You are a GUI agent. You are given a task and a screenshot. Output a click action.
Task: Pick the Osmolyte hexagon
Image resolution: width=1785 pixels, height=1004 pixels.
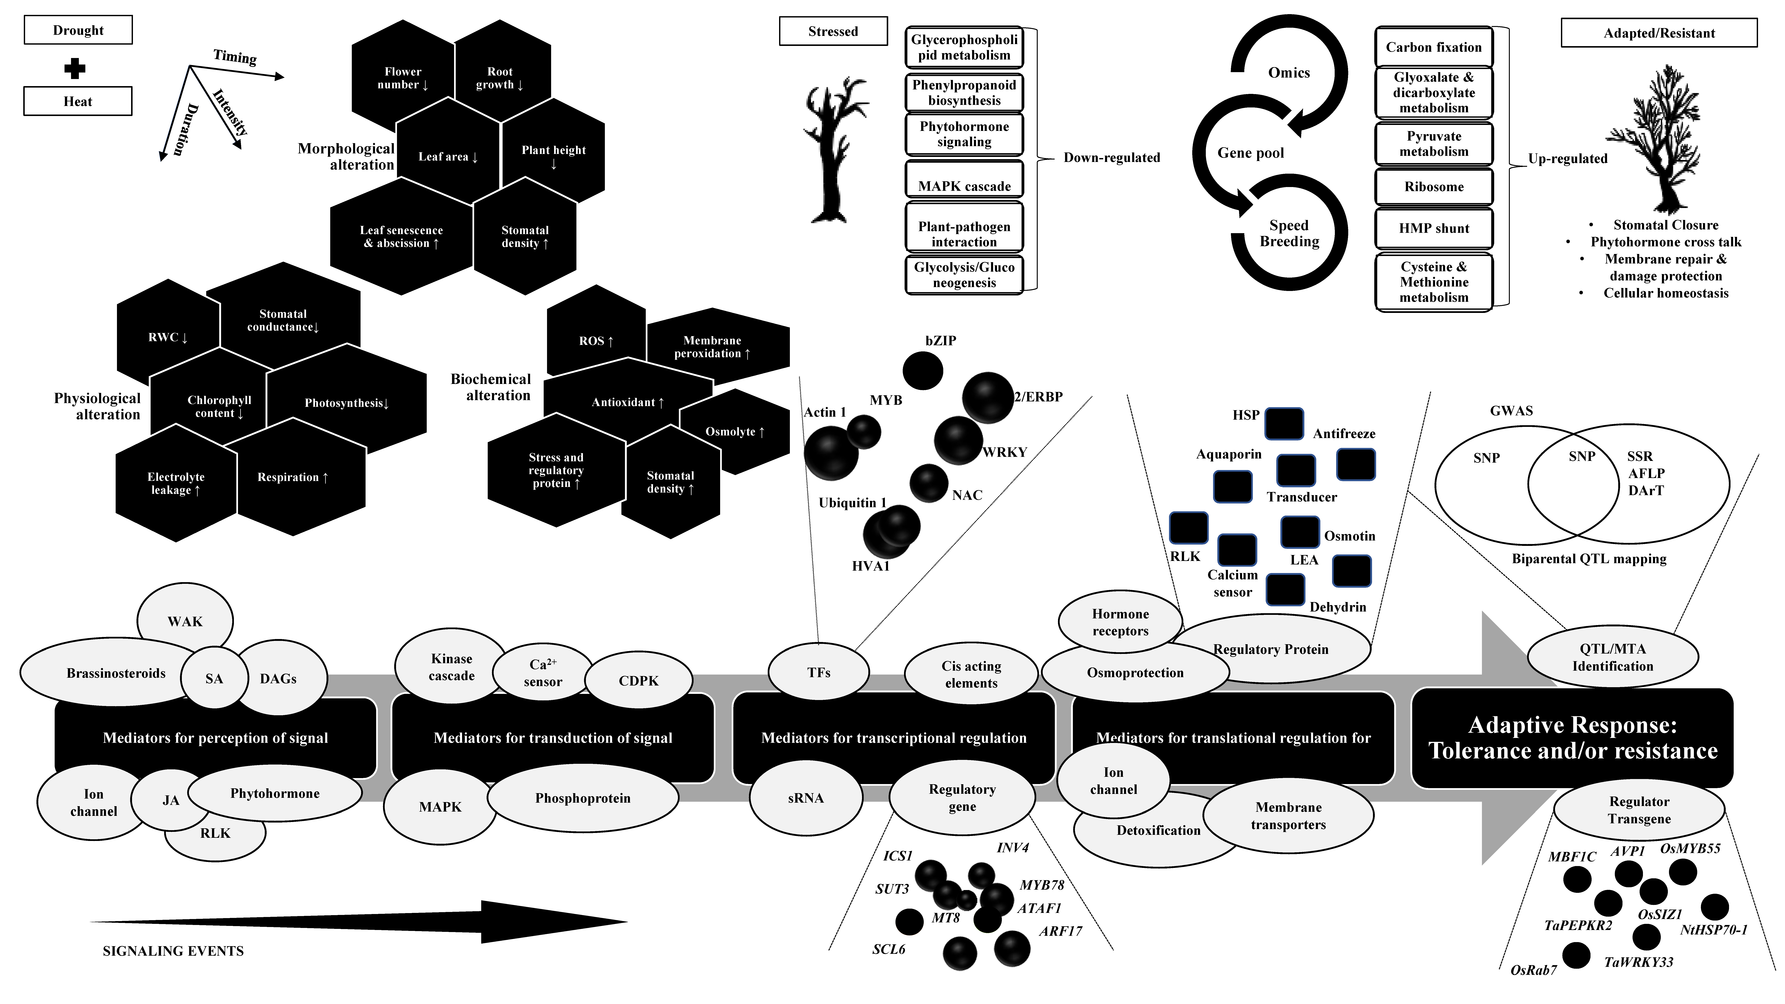(x=734, y=432)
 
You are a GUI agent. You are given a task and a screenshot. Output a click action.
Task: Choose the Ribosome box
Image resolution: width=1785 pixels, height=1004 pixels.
(x=1434, y=186)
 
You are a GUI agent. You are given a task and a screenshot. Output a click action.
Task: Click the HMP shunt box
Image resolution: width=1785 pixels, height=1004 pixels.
(x=1434, y=228)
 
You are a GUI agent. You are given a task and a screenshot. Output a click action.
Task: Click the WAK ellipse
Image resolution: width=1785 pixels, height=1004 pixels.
(x=185, y=621)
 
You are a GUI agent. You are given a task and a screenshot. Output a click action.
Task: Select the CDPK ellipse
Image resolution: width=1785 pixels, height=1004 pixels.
(x=638, y=680)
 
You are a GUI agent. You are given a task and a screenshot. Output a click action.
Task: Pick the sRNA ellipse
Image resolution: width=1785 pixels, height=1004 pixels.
(x=806, y=798)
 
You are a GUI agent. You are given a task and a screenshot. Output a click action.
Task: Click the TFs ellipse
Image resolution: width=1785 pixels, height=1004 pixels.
(x=818, y=672)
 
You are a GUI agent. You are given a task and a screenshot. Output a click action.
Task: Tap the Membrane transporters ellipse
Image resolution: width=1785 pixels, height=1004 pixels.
(x=1288, y=815)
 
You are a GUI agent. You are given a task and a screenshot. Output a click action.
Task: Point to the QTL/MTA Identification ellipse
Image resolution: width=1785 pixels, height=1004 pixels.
(x=1612, y=657)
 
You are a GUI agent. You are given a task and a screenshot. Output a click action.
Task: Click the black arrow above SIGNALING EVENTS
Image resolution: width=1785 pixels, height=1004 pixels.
(x=360, y=922)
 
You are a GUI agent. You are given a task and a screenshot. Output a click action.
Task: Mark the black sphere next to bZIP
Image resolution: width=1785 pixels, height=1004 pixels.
(x=923, y=371)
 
